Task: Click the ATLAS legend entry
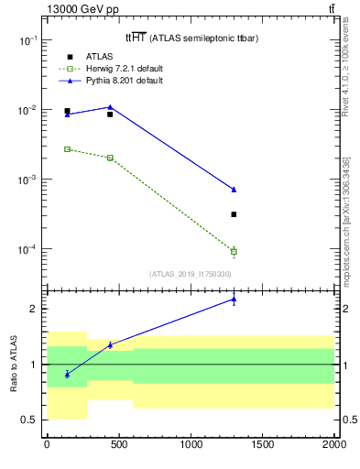tap(97, 57)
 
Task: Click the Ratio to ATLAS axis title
tap(14, 365)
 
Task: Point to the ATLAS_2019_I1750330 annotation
tap(190, 274)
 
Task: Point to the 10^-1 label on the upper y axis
tap(28, 41)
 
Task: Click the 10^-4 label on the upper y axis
tap(28, 249)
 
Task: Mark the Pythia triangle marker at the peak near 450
tap(110, 107)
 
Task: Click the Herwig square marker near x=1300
tap(234, 251)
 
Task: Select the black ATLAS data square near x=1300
tap(234, 214)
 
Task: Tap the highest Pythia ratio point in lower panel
tap(234, 299)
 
